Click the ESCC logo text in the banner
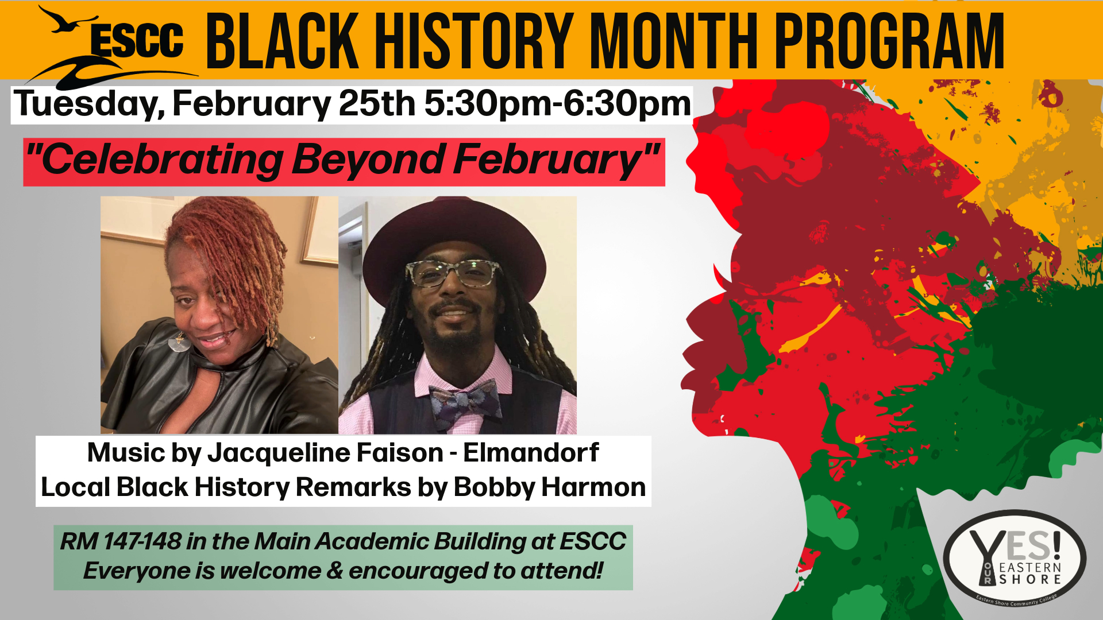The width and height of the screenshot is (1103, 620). [137, 41]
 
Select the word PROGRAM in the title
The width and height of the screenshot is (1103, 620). [889, 41]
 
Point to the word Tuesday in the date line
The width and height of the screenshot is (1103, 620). [90, 104]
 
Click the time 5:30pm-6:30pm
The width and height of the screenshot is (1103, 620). [557, 104]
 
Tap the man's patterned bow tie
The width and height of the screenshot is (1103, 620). [465, 402]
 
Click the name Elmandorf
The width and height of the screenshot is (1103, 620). [531, 452]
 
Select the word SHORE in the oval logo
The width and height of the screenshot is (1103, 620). [1030, 580]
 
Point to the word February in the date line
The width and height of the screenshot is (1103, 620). [252, 104]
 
